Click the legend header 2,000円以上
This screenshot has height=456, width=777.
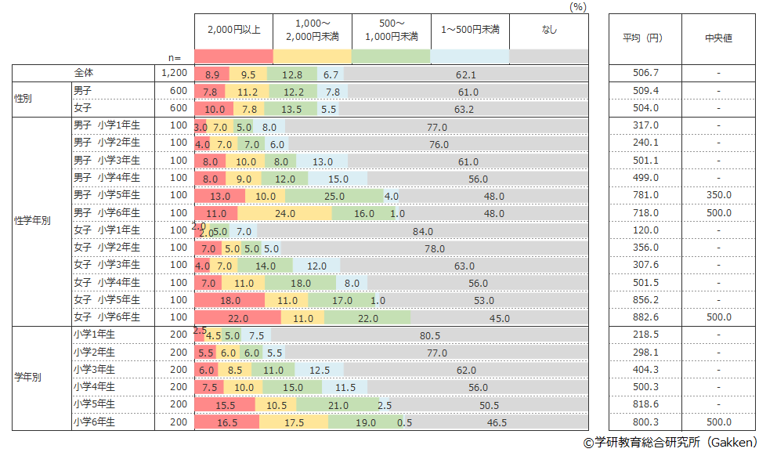tap(233, 30)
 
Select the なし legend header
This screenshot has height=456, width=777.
tap(548, 30)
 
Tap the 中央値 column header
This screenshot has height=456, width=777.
tap(718, 38)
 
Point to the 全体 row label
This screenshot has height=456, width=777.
tap(84, 74)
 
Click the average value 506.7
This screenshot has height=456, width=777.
tap(645, 74)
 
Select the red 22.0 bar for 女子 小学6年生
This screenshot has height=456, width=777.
tap(237, 317)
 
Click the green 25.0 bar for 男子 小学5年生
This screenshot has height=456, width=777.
tap(339, 196)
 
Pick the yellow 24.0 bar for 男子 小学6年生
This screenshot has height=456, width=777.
tap(284, 213)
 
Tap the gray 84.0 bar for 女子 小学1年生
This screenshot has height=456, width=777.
tap(423, 231)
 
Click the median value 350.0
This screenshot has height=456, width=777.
tap(718, 196)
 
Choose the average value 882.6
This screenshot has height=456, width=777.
tap(645, 317)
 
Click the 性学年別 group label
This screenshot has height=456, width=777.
tap(32, 222)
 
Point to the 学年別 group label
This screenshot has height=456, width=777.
tap(28, 378)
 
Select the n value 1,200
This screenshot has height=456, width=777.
tap(174, 74)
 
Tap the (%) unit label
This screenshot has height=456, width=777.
tap(579, 6)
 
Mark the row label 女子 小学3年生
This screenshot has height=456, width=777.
tap(107, 266)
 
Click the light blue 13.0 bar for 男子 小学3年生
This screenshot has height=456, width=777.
tap(323, 161)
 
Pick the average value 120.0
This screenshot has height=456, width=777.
tap(645, 231)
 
